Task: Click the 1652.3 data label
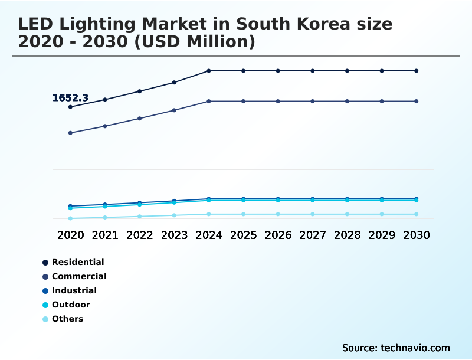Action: coord(70,98)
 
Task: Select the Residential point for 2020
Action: coord(70,107)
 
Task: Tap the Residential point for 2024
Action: coord(209,71)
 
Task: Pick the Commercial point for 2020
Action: coord(70,133)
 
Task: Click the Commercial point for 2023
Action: coord(174,110)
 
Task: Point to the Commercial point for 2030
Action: coord(417,102)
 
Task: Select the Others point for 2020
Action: coord(70,218)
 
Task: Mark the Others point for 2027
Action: coord(313,214)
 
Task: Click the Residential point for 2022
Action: coord(140,91)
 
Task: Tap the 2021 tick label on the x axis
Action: coord(105,235)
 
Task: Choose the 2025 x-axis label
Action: coord(243,235)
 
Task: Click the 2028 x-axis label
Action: coord(347,235)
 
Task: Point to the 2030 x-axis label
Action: coord(417,235)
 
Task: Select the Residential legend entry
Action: coord(77,262)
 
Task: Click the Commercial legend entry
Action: coord(78,276)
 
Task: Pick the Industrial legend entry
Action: coord(74,290)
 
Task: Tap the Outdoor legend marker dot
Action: coord(45,305)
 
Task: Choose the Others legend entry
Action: coord(67,319)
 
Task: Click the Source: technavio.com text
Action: coord(396,348)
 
